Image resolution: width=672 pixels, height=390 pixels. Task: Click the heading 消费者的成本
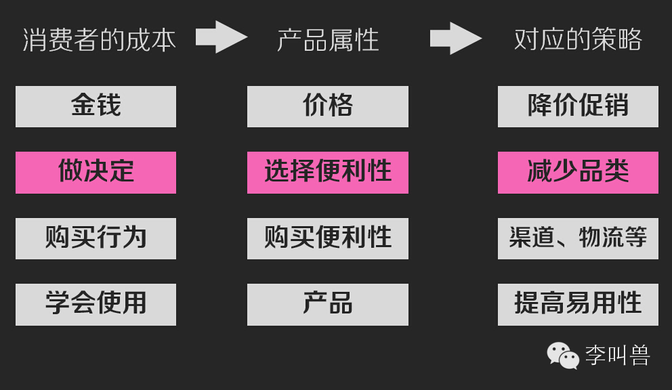pos(99,39)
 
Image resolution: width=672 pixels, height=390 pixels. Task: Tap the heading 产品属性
pos(328,39)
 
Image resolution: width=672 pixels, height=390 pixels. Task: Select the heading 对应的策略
pos(578,39)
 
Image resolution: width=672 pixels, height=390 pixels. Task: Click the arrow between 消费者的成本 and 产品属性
pos(221,37)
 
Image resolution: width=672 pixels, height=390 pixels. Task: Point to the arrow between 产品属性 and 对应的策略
pos(455,38)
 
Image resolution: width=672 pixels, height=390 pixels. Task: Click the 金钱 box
pos(96,106)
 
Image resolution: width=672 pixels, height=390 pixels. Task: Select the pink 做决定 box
pos(96,172)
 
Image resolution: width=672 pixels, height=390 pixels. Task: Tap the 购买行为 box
pos(96,238)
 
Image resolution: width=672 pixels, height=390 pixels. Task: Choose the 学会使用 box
pos(96,304)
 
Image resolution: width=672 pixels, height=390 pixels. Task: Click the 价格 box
pos(328,106)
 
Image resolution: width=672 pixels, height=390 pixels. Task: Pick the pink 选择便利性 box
pos(328,172)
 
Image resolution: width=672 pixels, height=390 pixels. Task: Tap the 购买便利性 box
pos(328,238)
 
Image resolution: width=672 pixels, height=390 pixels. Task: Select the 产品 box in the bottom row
pos(328,304)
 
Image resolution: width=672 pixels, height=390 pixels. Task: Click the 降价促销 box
pos(578,106)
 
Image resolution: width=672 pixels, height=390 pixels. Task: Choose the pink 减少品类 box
pos(578,172)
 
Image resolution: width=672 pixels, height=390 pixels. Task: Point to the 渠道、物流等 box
pos(578,238)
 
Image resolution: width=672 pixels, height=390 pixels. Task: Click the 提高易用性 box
pos(578,304)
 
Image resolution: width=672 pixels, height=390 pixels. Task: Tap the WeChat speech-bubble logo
pos(563,355)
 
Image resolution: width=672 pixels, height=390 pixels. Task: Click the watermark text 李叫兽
pos(617,355)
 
